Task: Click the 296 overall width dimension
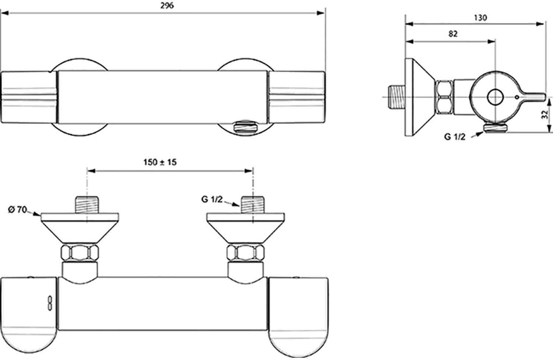(167, 6)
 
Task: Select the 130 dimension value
(480, 18)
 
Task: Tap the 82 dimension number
(453, 34)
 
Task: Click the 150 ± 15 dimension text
(160, 162)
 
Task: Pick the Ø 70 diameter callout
(17, 210)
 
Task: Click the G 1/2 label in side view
(455, 136)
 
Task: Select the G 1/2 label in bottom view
(212, 200)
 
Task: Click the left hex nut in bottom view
(80, 253)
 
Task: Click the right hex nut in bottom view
(246, 253)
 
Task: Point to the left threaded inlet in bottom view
(87, 205)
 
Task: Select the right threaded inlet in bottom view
(253, 205)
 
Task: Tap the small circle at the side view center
(494, 97)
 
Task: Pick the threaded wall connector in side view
(397, 97)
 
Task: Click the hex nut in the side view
(444, 97)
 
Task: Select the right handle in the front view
(297, 97)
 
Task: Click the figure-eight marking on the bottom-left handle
(49, 303)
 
